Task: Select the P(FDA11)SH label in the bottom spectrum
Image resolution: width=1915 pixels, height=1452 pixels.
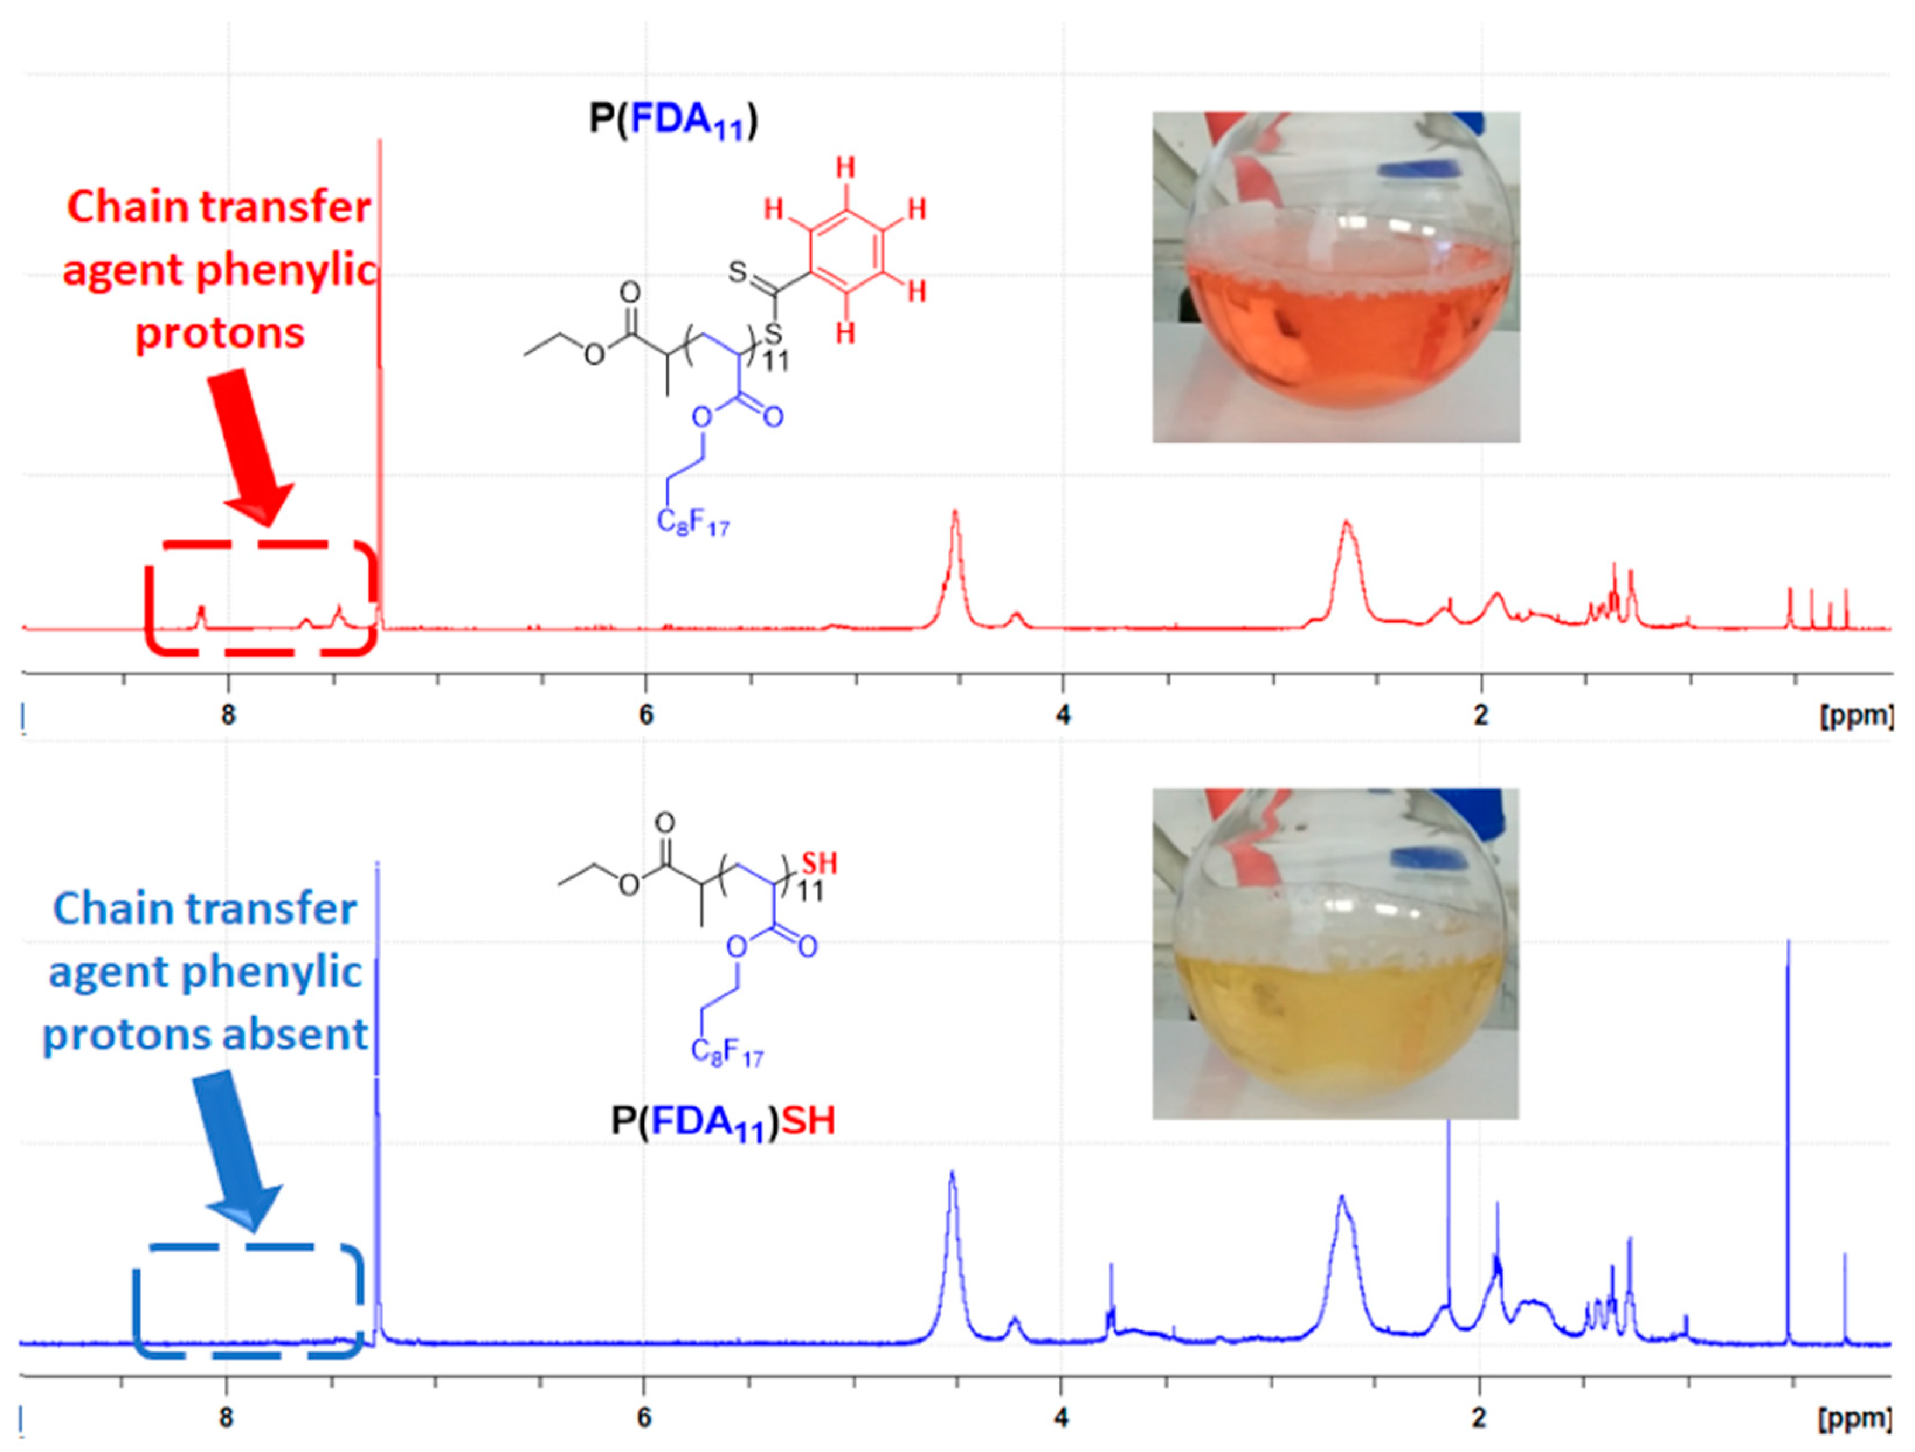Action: [723, 1121]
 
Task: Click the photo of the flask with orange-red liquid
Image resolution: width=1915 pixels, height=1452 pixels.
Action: [1335, 277]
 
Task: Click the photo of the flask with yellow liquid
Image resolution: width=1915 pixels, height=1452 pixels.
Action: [1335, 954]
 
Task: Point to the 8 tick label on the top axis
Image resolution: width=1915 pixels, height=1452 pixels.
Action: [228, 716]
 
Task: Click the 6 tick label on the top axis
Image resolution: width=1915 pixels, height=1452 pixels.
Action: [645, 716]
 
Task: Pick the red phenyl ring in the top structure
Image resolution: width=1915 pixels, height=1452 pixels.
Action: [846, 250]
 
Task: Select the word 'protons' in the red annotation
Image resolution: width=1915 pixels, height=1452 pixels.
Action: [220, 333]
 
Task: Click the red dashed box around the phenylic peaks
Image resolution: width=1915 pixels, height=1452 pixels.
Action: [260, 597]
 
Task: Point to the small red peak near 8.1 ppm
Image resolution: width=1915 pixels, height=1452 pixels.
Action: [201, 615]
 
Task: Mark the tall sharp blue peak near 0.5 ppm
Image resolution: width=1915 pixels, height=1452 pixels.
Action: [1789, 1125]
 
